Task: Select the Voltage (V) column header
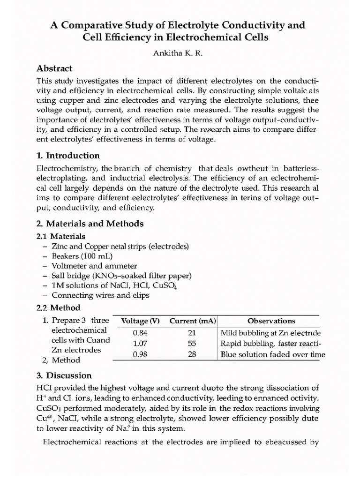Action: (141, 321)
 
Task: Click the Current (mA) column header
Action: (192, 321)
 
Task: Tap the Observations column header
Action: (271, 321)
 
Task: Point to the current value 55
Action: (192, 344)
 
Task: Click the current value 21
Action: (192, 333)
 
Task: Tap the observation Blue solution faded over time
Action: (272, 354)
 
